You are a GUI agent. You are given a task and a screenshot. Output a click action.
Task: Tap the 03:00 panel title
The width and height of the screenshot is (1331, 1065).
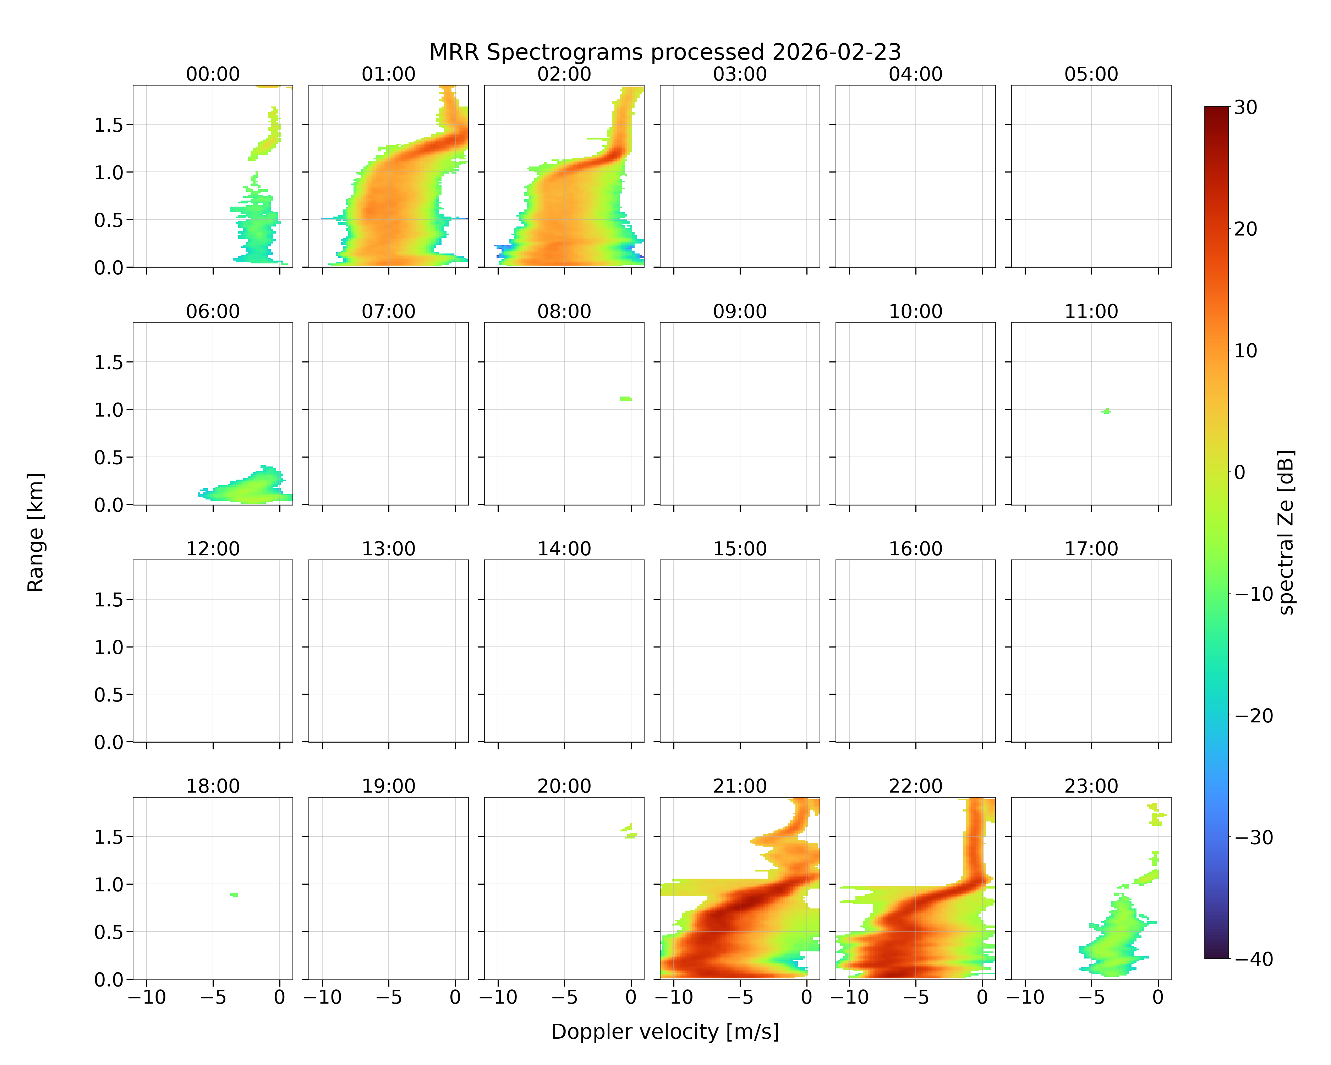pos(740,74)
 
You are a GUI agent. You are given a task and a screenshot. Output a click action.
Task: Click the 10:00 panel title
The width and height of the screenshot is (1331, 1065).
pos(915,311)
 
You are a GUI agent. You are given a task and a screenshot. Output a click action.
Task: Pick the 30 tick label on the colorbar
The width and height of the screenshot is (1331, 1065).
pos(1246,108)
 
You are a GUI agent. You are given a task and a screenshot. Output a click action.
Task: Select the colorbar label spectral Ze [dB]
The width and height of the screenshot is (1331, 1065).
pos(1286,532)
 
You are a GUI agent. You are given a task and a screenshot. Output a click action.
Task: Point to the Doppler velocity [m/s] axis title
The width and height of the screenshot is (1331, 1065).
pos(665,1032)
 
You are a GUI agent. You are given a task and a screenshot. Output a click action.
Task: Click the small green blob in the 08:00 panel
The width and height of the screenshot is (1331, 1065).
pos(625,399)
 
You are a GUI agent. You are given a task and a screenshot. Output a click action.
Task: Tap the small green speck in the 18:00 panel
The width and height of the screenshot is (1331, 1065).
pos(234,895)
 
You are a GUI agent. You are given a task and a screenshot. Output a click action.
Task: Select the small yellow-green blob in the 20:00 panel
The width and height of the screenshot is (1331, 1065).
pos(629,830)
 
